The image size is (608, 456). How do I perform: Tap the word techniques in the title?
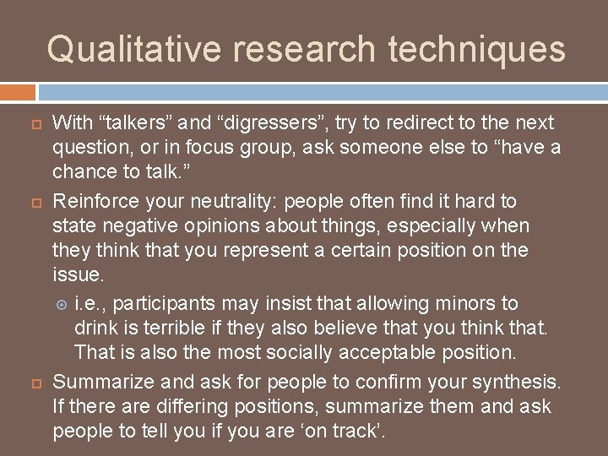pyautogui.click(x=477, y=49)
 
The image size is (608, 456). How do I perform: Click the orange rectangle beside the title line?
pyautogui.click(x=18, y=91)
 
